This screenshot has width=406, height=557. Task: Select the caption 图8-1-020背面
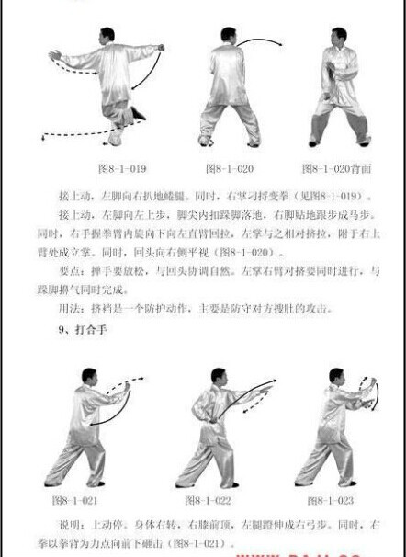pyautogui.click(x=335, y=169)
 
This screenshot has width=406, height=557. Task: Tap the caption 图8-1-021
pyautogui.click(x=76, y=501)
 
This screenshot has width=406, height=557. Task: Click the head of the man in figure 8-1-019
pyautogui.click(x=108, y=36)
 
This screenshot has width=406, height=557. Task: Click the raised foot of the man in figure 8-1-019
pyautogui.click(x=137, y=114)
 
